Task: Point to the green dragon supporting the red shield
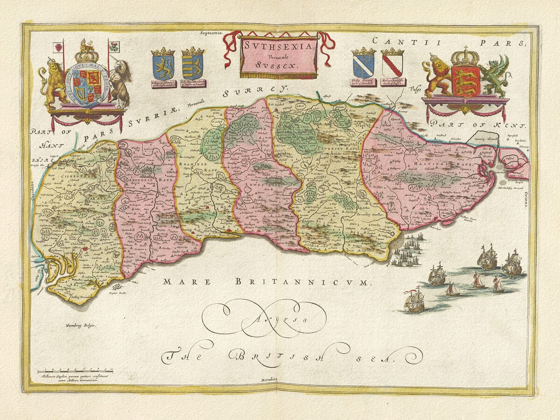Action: [x=496, y=75]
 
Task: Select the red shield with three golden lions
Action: [x=465, y=81]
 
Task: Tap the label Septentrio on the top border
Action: [x=212, y=34]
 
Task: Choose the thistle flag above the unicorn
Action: [x=114, y=46]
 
